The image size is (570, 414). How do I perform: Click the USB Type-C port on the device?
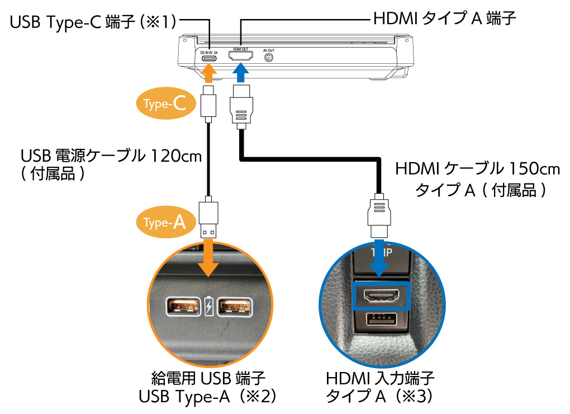[208, 58]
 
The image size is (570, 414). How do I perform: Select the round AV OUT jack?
[268, 57]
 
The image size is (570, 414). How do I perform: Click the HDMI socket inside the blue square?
[382, 295]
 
